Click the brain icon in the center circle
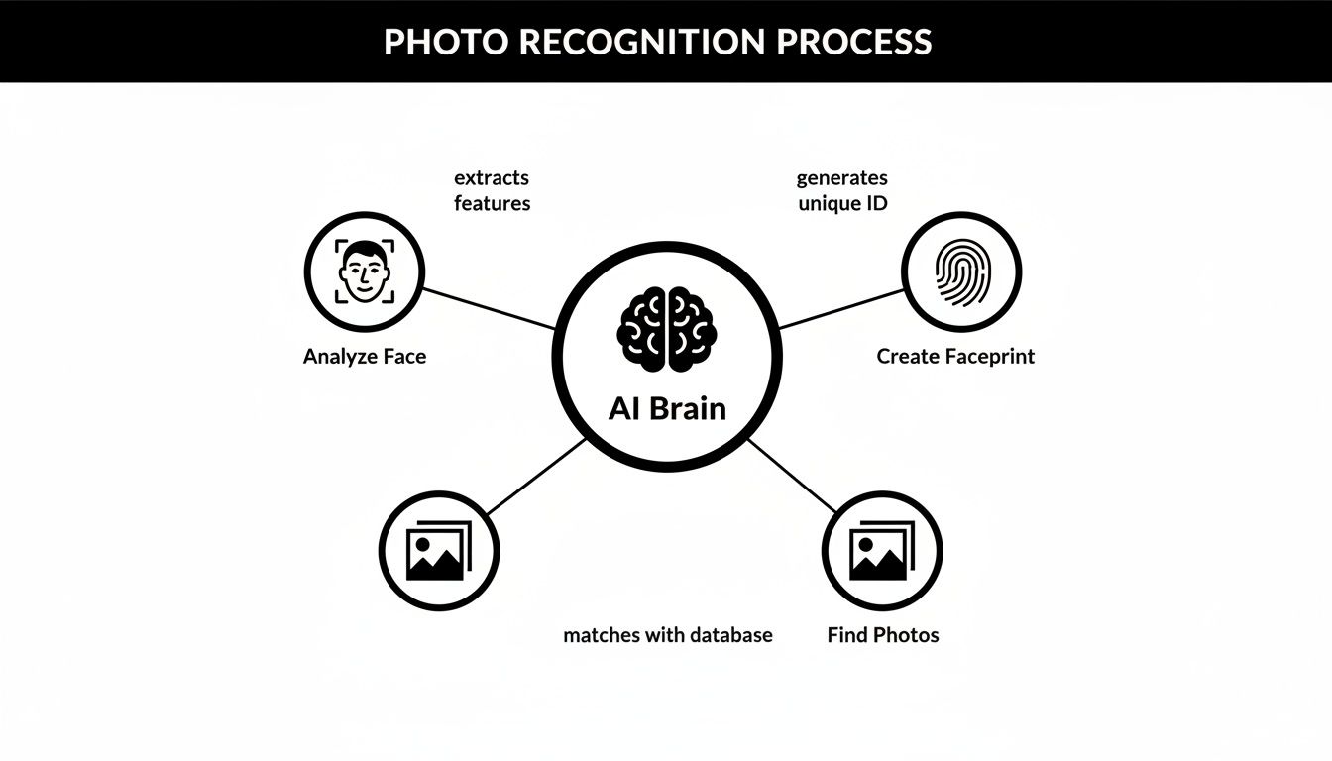(666, 330)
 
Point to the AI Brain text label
(667, 408)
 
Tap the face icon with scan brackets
(364, 272)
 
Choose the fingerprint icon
(961, 272)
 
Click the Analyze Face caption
(364, 357)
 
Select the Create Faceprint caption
(955, 357)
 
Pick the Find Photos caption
(882, 635)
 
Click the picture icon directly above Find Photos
(880, 551)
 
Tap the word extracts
(492, 178)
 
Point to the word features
(492, 203)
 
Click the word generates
(841, 178)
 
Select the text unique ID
(841, 203)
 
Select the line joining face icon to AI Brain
(488, 308)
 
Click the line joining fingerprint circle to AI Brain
(842, 308)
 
